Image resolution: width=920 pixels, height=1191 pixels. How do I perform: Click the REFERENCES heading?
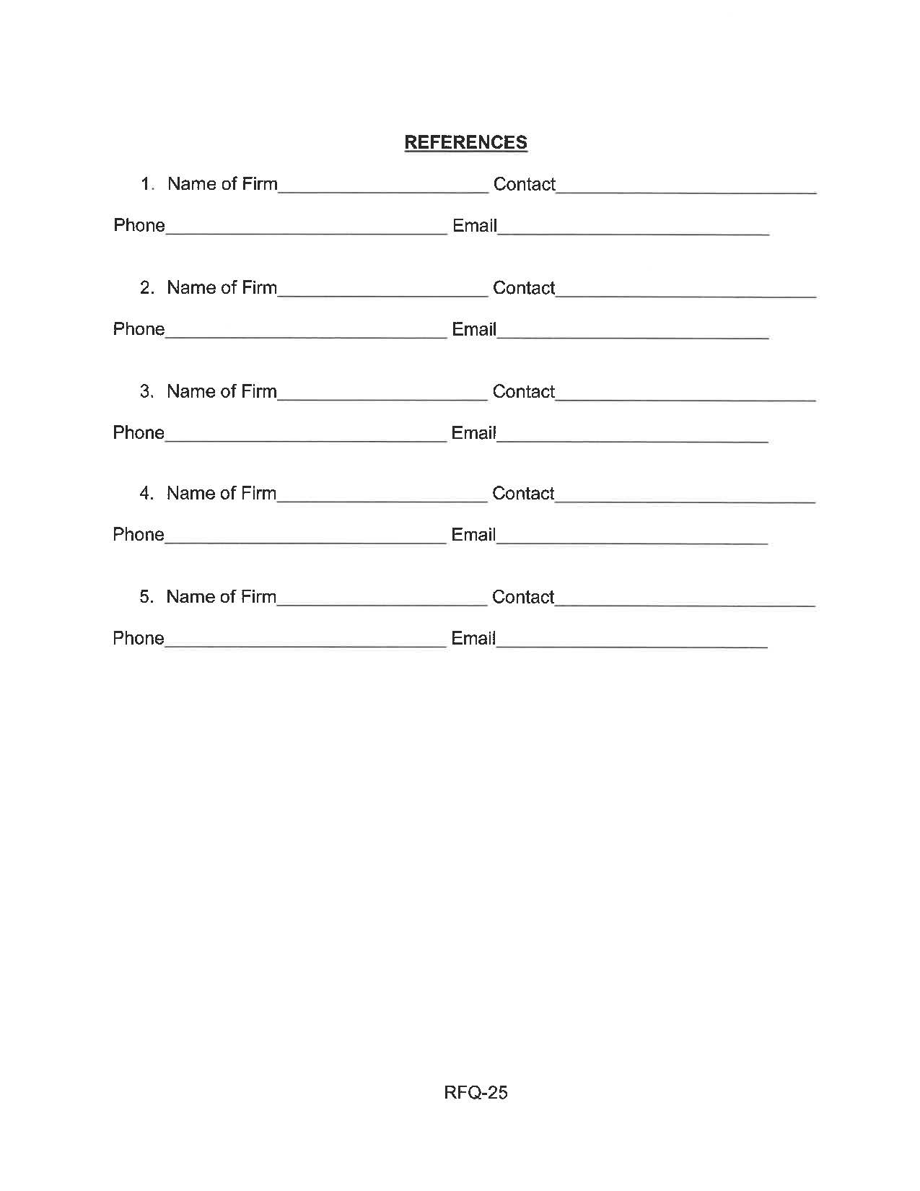pyautogui.click(x=465, y=142)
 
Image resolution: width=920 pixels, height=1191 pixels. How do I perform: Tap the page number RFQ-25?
pyautogui.click(x=476, y=1092)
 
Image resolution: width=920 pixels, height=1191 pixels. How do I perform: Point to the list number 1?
pyautogui.click(x=147, y=184)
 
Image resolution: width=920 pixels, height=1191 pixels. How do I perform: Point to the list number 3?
pyautogui.click(x=146, y=391)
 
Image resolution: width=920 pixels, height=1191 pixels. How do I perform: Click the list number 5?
pyautogui.click(x=146, y=597)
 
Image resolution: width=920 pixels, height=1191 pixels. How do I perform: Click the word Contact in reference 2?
pyautogui.click(x=524, y=288)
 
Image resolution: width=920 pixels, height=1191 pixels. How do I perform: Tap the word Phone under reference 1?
pyautogui.click(x=139, y=225)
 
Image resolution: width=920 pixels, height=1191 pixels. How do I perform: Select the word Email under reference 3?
pyautogui.click(x=473, y=432)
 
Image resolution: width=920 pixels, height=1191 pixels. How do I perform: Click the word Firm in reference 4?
pyautogui.click(x=258, y=493)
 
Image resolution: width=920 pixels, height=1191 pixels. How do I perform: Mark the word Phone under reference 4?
pyautogui.click(x=139, y=534)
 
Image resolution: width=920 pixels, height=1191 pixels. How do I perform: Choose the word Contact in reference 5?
pyautogui.click(x=523, y=597)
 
